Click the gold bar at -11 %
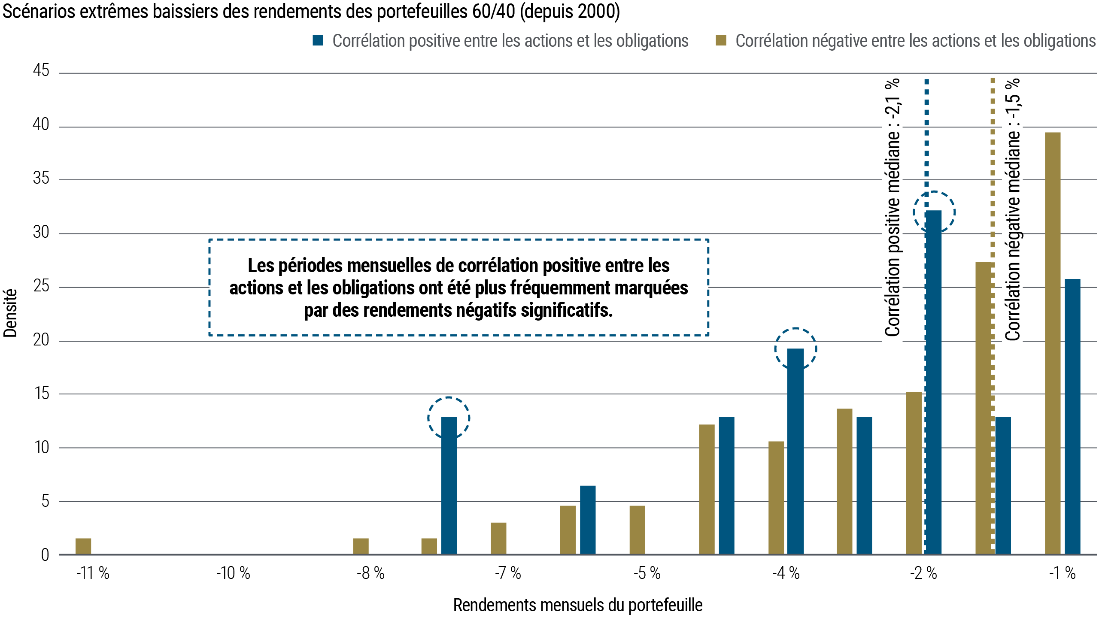pyautogui.click(x=83, y=546)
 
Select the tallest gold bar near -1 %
pyautogui.click(x=1052, y=343)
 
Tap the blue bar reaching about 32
pyautogui.click(x=934, y=382)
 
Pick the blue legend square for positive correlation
pyautogui.click(x=318, y=41)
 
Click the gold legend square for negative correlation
pyautogui.click(x=721, y=41)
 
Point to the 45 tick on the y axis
pyautogui.click(x=41, y=71)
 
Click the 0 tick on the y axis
pyautogui.click(x=45, y=555)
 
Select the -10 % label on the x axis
pyautogui.click(x=233, y=573)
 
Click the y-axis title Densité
pyautogui.click(x=10, y=313)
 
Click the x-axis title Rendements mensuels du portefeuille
pyautogui.click(x=577, y=605)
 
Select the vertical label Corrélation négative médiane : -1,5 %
pyautogui.click(x=1013, y=210)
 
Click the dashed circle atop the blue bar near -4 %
pyautogui.click(x=795, y=348)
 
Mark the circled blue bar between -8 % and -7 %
pyautogui.click(x=449, y=485)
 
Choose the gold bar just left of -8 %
pyautogui.click(x=361, y=546)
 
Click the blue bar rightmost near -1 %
pyautogui.click(x=1072, y=416)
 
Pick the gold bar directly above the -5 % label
pyautogui.click(x=637, y=530)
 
